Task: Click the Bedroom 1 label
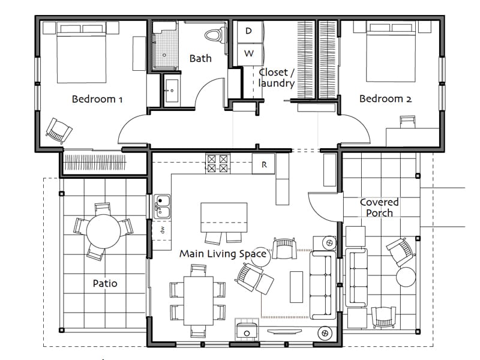[97, 99]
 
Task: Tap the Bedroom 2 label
[385, 98]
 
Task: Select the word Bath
[200, 58]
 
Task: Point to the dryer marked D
[248, 31]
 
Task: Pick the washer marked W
[248, 54]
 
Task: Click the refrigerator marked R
[263, 164]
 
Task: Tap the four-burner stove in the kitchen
[218, 164]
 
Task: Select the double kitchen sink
[162, 206]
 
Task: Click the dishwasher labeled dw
[162, 230]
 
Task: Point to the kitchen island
[224, 217]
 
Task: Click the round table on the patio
[103, 232]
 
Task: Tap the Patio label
[105, 283]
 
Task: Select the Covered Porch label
[379, 207]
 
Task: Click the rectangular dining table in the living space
[199, 301]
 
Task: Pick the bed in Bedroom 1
[82, 52]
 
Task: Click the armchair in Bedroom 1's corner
[59, 131]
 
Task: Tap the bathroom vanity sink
[172, 91]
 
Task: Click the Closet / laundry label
[277, 78]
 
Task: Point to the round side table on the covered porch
[406, 277]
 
